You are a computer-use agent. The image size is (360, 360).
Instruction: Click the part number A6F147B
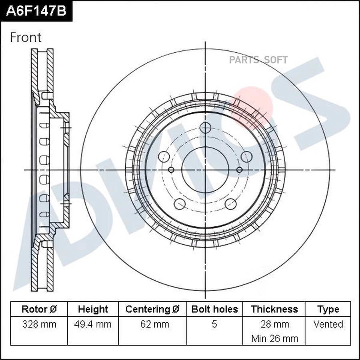click(36, 11)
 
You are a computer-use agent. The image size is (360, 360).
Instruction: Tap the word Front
click(26, 38)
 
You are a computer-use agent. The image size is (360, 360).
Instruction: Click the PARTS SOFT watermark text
click(258, 60)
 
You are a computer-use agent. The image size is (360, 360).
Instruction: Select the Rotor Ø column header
click(39, 309)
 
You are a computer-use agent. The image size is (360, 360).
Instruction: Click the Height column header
click(93, 309)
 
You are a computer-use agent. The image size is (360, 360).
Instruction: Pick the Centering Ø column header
click(152, 309)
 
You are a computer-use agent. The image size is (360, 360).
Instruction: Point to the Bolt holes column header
click(214, 309)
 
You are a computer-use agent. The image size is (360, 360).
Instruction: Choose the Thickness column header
click(274, 309)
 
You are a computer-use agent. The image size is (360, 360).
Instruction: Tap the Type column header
click(328, 309)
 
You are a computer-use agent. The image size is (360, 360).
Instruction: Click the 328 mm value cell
click(39, 324)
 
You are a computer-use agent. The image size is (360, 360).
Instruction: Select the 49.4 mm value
click(93, 324)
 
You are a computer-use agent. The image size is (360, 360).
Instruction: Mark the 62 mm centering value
click(152, 324)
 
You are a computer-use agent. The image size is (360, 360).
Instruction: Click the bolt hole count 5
click(214, 324)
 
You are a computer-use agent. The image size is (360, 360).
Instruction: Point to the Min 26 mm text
click(274, 338)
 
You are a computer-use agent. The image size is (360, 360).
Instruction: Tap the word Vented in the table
click(328, 324)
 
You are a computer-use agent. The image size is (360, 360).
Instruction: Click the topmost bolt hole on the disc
click(205, 128)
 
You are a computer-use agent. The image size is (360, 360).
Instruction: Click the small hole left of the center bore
click(171, 170)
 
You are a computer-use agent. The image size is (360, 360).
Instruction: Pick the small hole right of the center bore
click(239, 170)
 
